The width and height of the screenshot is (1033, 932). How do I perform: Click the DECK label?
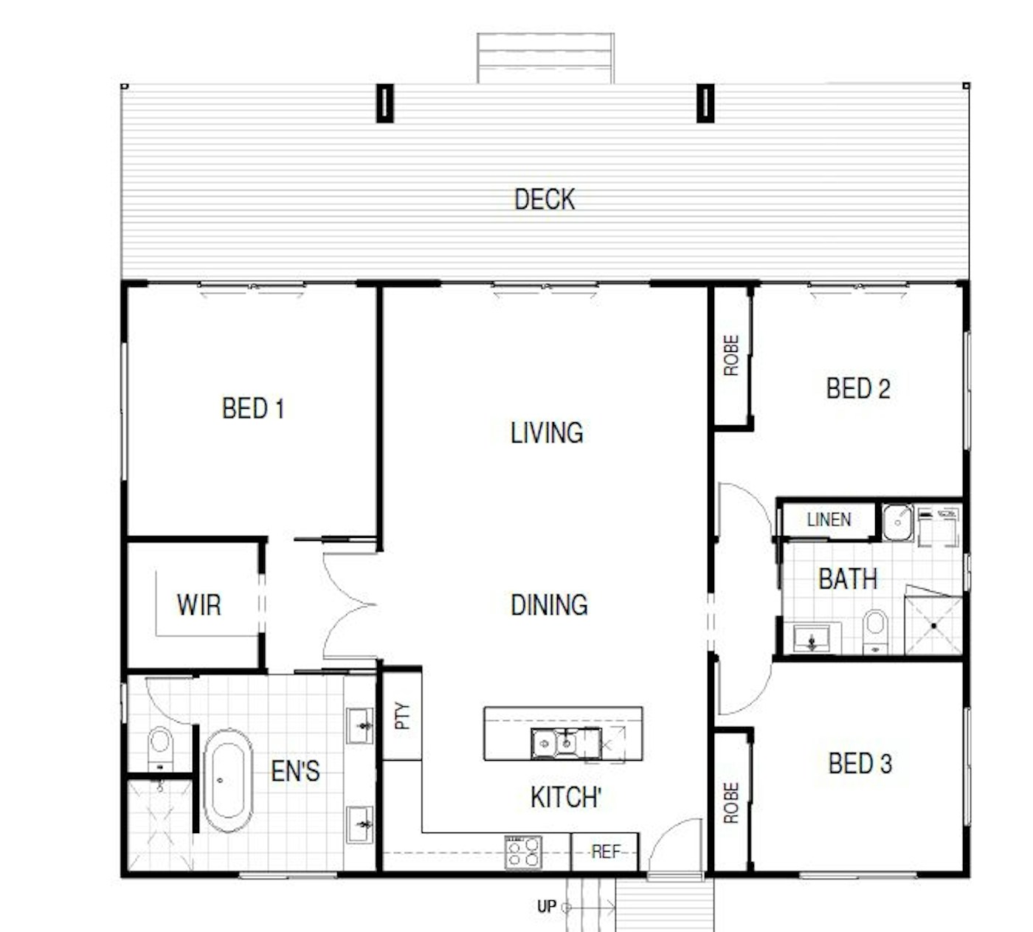[545, 199]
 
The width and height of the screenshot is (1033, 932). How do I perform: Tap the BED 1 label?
[253, 408]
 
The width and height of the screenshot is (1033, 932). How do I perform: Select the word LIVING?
[547, 432]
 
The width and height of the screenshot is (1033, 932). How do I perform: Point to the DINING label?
[549, 604]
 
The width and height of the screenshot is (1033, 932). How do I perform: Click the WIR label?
[198, 604]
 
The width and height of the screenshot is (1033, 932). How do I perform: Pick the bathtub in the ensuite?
[227, 780]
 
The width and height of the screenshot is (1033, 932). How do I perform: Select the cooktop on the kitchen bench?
[522, 852]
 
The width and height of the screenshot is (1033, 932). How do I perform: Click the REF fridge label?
[606, 852]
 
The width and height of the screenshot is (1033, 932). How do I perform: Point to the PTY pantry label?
[402, 716]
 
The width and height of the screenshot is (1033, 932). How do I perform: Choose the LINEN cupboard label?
[829, 519]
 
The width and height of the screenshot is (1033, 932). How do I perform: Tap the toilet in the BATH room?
[875, 631]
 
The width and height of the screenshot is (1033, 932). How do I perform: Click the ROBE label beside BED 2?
[731, 356]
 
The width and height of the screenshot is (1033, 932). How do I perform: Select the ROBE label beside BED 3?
[731, 803]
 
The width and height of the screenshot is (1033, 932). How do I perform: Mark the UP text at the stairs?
[546, 906]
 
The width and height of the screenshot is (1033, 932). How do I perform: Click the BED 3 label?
[860, 763]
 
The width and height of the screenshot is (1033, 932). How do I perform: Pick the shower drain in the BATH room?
[933, 626]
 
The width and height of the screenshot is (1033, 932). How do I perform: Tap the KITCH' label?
[566, 797]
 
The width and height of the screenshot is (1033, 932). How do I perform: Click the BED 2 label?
[858, 388]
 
